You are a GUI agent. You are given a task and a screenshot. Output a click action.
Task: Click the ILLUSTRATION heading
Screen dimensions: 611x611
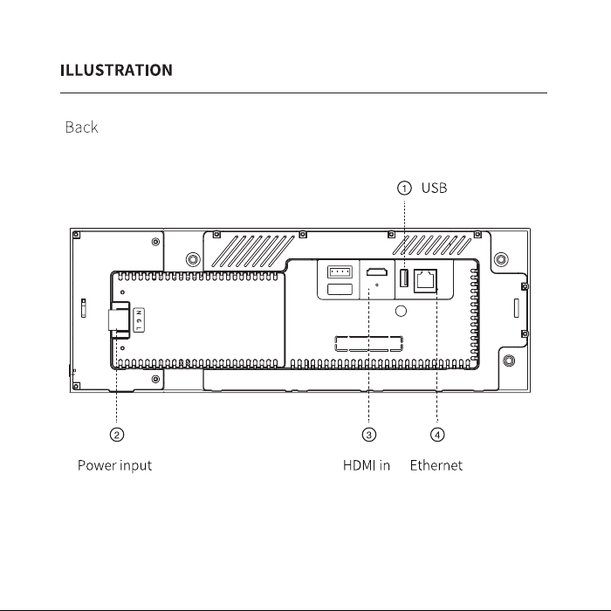[116, 70]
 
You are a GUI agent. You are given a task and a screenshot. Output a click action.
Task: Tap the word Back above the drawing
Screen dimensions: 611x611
[81, 127]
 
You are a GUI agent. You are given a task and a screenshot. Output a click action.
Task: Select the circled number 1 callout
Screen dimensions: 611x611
[404, 189]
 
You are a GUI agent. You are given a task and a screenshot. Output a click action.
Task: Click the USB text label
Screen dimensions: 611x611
[434, 188]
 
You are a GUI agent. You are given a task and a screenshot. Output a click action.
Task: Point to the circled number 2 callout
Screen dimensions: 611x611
[117, 435]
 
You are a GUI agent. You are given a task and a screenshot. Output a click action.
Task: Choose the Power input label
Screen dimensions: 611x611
[114, 465]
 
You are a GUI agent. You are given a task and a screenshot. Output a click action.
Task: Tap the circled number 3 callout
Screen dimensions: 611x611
[369, 435]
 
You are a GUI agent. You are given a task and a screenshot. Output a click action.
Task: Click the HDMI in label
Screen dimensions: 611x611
[367, 465]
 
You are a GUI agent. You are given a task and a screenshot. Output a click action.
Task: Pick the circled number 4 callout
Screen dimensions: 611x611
[437, 435]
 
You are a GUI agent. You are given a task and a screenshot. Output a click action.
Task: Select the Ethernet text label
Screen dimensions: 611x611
[436, 465]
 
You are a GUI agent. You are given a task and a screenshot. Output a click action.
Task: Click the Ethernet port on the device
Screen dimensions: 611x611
[425, 280]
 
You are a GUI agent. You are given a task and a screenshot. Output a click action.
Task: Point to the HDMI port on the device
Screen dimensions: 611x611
[377, 272]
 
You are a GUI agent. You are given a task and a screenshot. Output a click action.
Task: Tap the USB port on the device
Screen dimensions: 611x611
[404, 278]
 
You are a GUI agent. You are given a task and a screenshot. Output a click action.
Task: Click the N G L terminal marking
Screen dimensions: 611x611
[139, 320]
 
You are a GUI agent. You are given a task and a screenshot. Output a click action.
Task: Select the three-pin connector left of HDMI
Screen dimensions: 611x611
[340, 271]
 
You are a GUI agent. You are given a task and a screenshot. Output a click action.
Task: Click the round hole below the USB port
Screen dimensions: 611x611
[401, 311]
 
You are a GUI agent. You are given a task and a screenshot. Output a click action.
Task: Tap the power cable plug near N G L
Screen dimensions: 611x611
[119, 320]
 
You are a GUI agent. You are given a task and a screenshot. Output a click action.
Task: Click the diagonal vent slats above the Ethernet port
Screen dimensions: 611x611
[431, 244]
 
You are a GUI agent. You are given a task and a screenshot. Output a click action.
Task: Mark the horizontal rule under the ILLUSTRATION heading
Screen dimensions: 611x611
[304, 93]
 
